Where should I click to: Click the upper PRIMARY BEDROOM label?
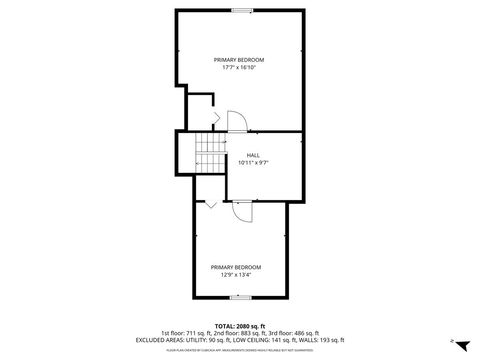240,60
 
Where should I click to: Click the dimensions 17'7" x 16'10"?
240,68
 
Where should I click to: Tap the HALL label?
253,154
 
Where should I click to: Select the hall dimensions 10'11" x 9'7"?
253,162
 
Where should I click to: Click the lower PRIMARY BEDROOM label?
236,267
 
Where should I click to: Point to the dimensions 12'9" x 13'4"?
236,275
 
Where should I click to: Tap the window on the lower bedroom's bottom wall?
241,298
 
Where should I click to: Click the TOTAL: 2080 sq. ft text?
240,326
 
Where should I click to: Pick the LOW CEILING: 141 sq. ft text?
258,340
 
